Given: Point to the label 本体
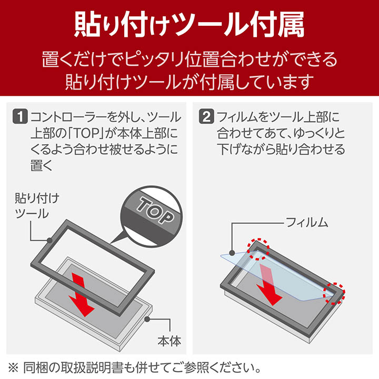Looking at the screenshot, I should tap(169, 341).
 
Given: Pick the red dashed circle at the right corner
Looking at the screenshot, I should tap(335, 293).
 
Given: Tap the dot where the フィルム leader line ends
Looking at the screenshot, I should tap(232, 252).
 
